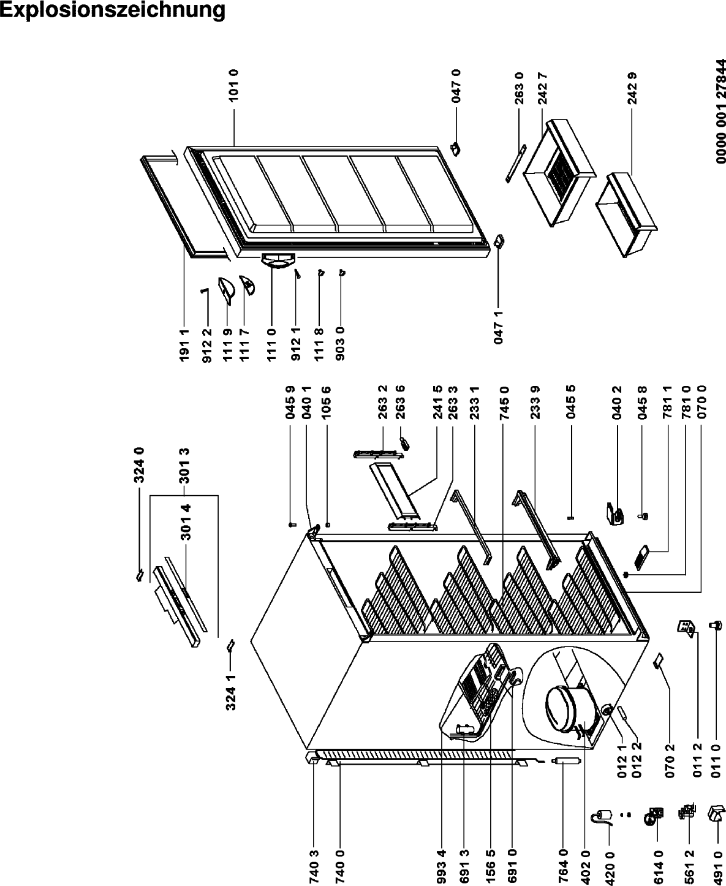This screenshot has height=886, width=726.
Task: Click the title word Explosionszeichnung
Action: [x=112, y=10]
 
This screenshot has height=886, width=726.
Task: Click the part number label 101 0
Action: [x=233, y=85]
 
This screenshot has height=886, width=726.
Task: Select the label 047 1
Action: [x=498, y=328]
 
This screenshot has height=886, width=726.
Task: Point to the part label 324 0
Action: [x=140, y=465]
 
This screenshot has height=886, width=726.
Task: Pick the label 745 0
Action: [x=504, y=403]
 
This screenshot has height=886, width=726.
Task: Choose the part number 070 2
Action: [x=670, y=761]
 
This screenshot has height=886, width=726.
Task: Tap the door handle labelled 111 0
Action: [x=278, y=260]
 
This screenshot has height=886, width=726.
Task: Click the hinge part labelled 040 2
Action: [x=614, y=513]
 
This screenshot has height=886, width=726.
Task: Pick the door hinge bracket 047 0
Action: [x=456, y=149]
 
